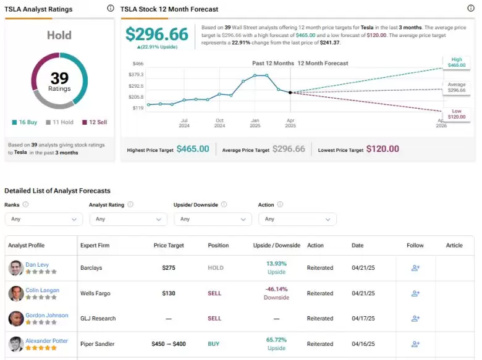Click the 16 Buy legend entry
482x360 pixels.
(x=25, y=122)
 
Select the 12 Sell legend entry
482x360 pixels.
(x=95, y=122)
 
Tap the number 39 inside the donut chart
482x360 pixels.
(x=59, y=78)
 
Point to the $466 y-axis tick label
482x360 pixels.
(x=138, y=64)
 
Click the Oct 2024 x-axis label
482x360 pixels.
(x=219, y=123)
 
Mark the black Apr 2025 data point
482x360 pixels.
(x=290, y=93)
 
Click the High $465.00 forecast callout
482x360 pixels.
(x=457, y=62)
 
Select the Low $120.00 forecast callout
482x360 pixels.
(x=457, y=114)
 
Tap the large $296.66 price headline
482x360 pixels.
(x=157, y=34)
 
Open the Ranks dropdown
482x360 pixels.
(x=44, y=219)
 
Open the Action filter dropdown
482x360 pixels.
(x=297, y=219)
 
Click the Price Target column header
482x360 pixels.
(x=169, y=245)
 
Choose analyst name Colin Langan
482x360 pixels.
(x=43, y=290)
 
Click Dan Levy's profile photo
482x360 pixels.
(x=16, y=268)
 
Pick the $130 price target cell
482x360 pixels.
(x=169, y=293)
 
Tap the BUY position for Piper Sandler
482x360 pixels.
(x=214, y=344)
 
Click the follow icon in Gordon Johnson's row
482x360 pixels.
(x=415, y=319)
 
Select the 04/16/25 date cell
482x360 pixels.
(x=363, y=344)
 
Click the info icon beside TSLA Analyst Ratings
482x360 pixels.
(x=111, y=8)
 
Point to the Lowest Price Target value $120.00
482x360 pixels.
(x=383, y=149)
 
